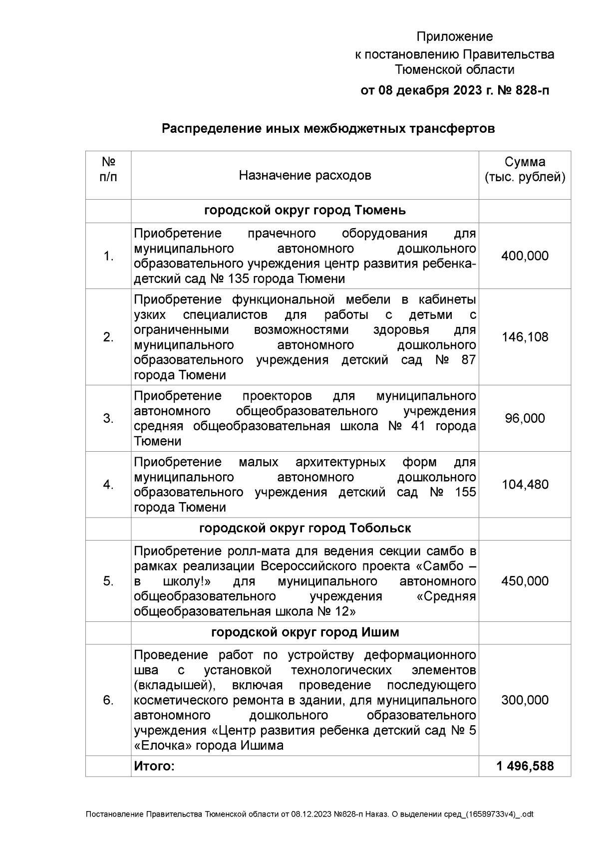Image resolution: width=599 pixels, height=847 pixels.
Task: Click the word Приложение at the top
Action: point(454,37)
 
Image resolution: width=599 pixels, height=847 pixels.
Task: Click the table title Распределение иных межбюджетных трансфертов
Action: point(328,129)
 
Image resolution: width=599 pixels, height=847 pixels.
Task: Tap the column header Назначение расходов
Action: point(304,175)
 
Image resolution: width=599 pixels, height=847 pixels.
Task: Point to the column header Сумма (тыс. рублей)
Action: point(525,170)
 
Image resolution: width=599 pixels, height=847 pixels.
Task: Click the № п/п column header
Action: point(108,170)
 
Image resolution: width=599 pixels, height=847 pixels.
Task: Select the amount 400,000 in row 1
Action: point(525,256)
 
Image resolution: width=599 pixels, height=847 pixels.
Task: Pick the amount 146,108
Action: point(525,337)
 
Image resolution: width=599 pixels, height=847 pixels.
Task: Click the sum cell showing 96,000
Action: point(525,418)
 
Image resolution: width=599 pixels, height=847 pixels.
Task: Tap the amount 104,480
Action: point(525,485)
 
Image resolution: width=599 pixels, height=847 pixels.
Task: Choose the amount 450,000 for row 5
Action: point(525,581)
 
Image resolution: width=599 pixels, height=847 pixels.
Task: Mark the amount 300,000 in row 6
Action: point(525,700)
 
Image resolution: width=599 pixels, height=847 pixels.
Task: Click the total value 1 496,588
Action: point(525,766)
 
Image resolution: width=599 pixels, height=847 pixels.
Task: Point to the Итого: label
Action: point(154,766)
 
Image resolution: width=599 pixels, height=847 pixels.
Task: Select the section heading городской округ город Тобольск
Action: point(304,529)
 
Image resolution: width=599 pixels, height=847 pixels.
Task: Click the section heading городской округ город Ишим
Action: point(304,632)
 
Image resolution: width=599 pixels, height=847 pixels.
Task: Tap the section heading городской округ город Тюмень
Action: point(304,211)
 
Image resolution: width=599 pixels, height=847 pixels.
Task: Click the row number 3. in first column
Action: point(108,418)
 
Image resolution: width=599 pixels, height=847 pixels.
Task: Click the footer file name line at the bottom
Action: point(309,814)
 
